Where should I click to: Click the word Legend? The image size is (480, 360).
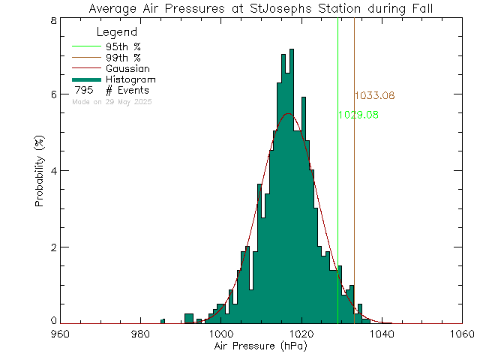pyautogui.click(x=117, y=33)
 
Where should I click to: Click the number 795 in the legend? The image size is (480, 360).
pyautogui.click(x=82, y=91)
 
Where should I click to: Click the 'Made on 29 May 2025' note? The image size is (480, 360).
pyautogui.click(x=112, y=101)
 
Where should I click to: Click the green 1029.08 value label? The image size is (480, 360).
pyautogui.click(x=358, y=115)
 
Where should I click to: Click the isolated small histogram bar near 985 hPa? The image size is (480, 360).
pyautogui.click(x=163, y=321)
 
